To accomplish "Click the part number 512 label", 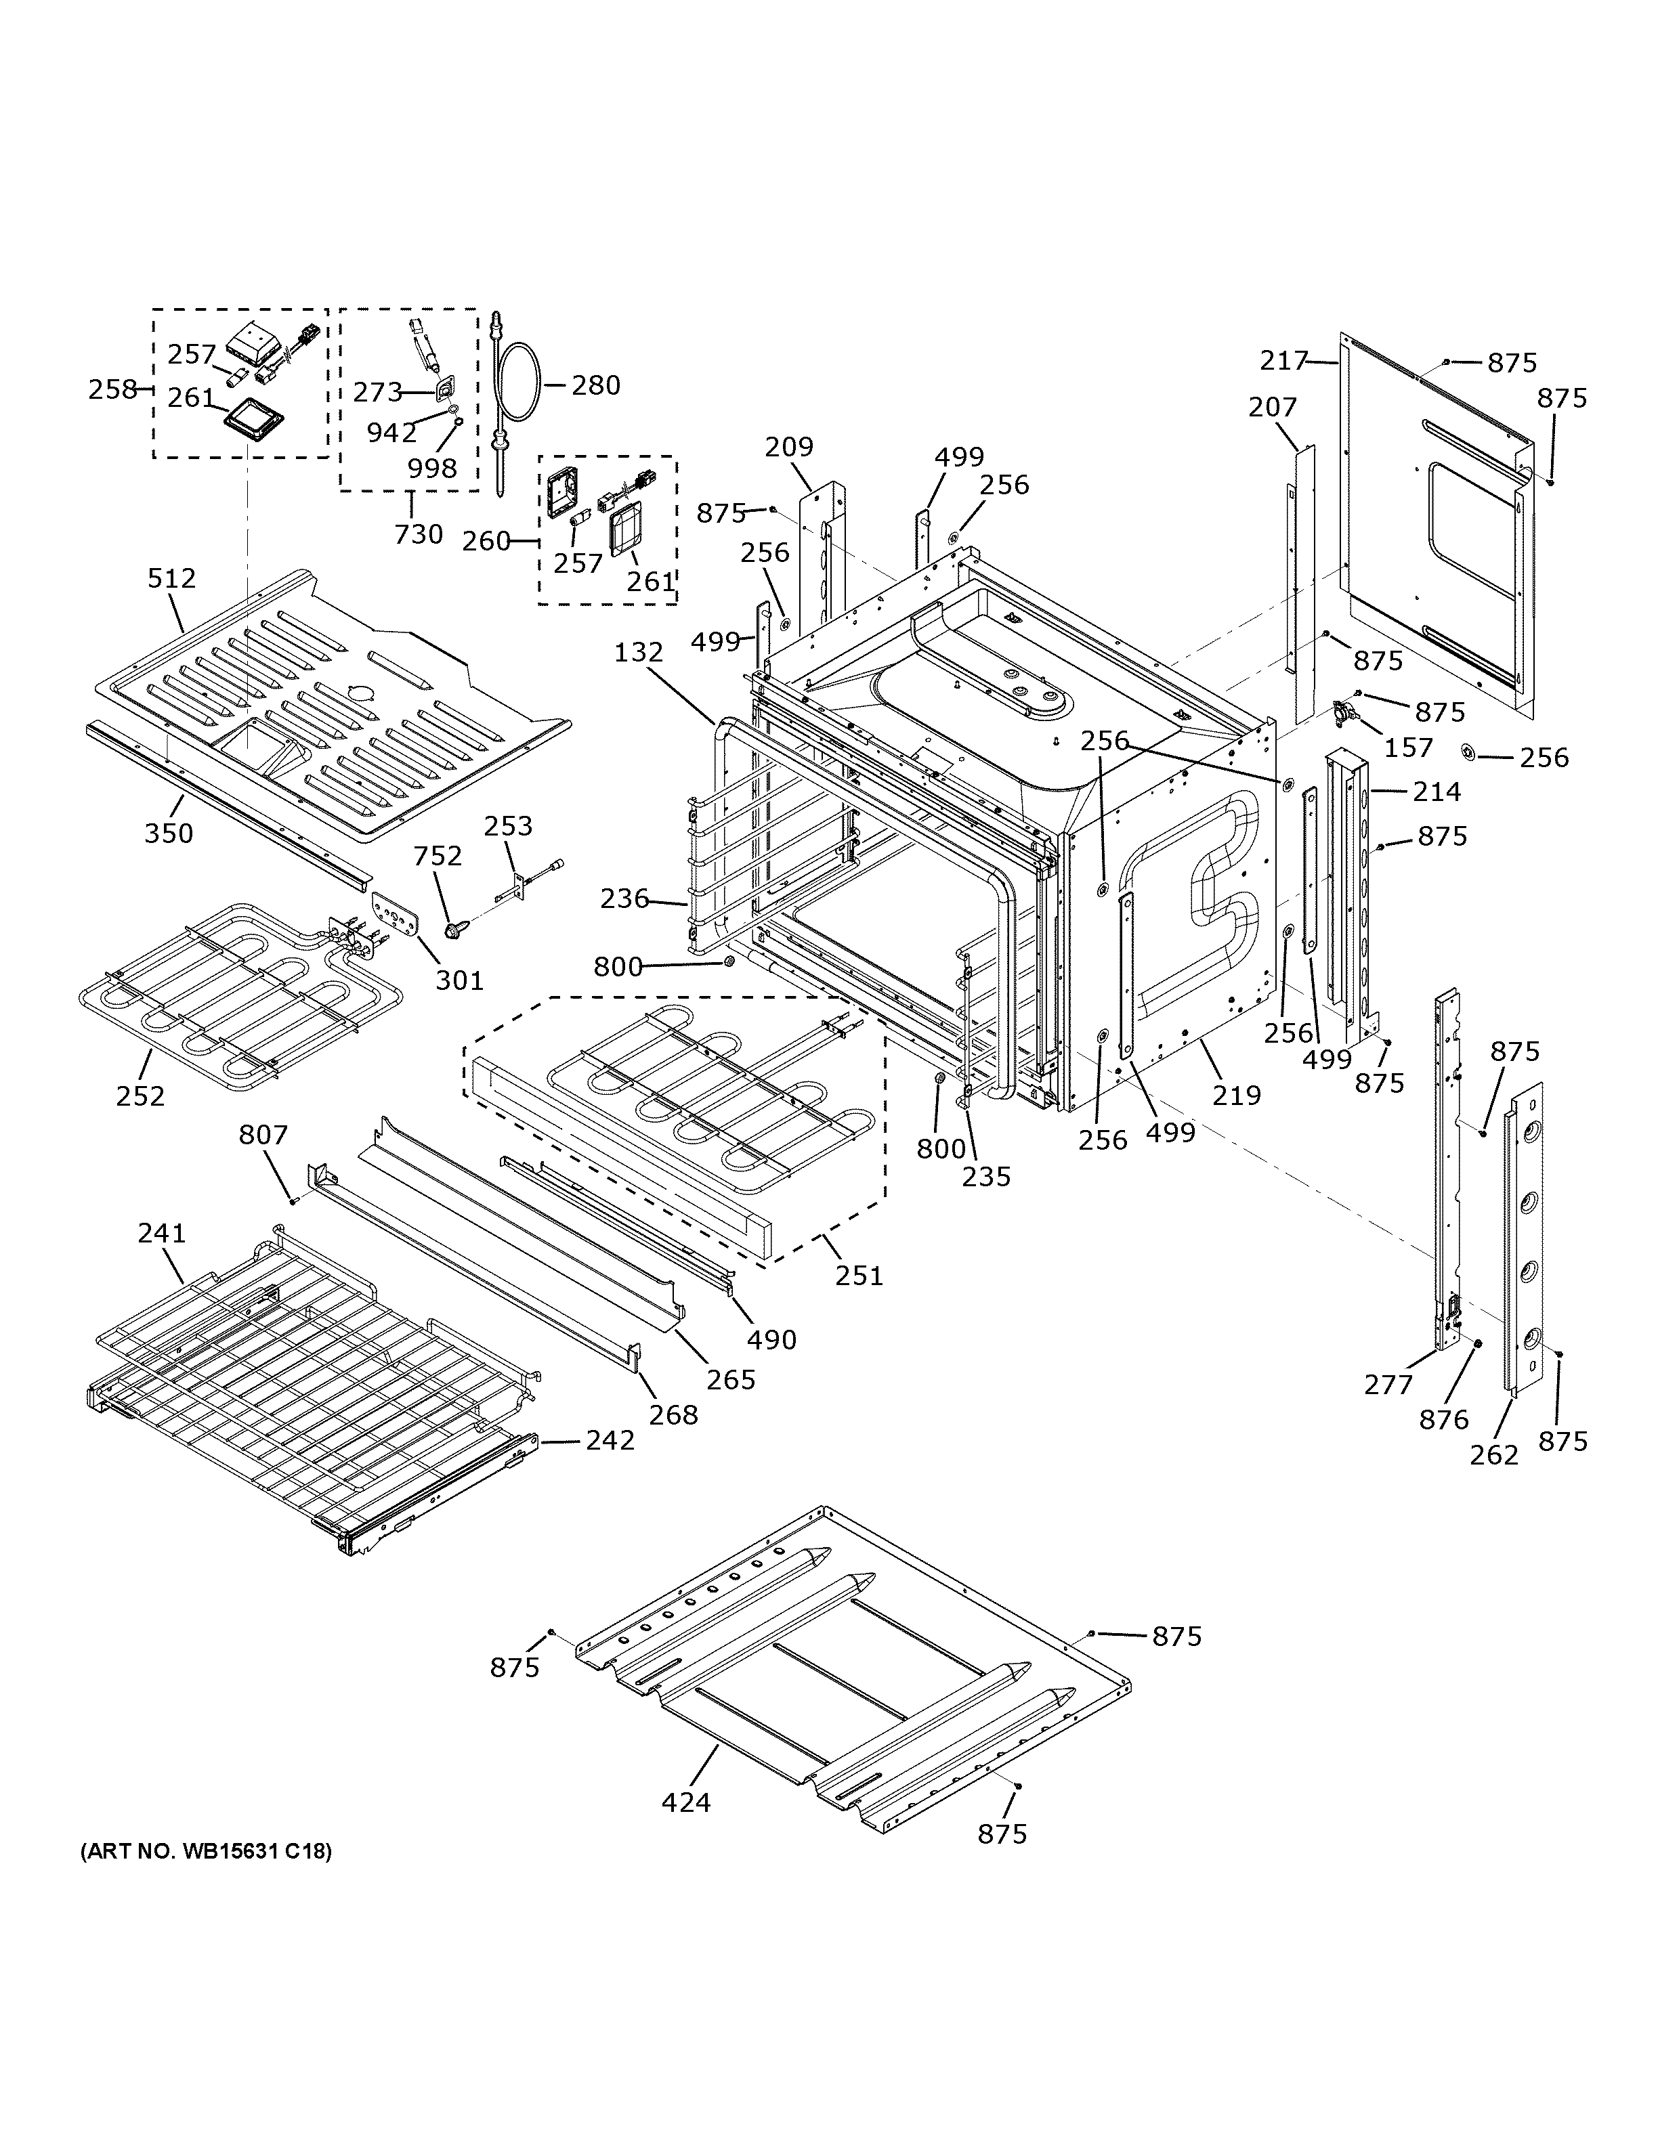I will pyautogui.click(x=172, y=578).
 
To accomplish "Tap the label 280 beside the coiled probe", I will pyautogui.click(x=596, y=385).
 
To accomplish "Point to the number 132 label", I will pyautogui.click(x=639, y=652).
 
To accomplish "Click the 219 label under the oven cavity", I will pyautogui.click(x=1235, y=1094).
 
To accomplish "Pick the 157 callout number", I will pyautogui.click(x=1409, y=747).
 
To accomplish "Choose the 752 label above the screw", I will pyautogui.click(x=437, y=857).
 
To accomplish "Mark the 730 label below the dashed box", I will pyautogui.click(x=419, y=534).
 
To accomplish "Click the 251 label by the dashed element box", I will pyautogui.click(x=859, y=1275).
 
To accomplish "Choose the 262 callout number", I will pyautogui.click(x=1494, y=1454).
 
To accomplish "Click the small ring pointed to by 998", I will pyautogui.click(x=458, y=422).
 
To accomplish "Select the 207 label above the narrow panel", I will pyautogui.click(x=1273, y=407).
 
